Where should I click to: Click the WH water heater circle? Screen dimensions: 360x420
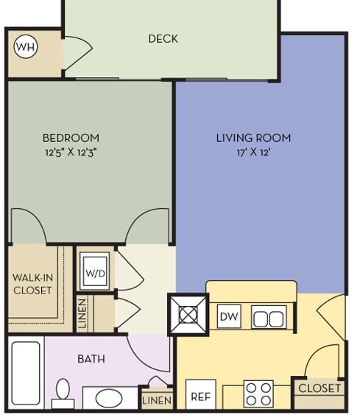[x=26, y=47]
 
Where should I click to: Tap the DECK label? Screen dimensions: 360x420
[x=163, y=39]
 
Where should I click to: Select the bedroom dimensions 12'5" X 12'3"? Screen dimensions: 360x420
[x=71, y=152]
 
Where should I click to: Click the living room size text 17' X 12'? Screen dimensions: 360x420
[x=253, y=152]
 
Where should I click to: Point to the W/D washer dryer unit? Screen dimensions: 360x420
[x=95, y=271]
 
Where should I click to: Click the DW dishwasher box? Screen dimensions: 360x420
[x=229, y=316]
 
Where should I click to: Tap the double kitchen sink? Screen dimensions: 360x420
[x=269, y=317]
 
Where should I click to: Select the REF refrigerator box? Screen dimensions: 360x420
[x=201, y=394]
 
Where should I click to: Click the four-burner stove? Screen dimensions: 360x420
[x=258, y=394]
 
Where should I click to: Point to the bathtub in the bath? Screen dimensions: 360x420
[x=26, y=373]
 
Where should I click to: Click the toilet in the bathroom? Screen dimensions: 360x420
[x=63, y=394]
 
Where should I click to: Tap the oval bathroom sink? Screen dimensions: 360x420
[x=109, y=399]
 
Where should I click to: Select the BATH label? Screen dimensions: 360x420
[x=91, y=359]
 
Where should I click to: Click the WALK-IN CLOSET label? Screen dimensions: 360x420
[x=32, y=284]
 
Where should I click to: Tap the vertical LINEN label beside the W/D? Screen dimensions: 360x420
[x=82, y=313]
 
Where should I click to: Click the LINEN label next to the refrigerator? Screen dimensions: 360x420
[x=157, y=401]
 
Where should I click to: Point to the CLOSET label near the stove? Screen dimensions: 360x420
[x=320, y=388]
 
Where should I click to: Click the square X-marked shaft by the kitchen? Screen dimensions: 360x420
[x=188, y=315]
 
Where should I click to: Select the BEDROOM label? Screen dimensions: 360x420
[x=71, y=138]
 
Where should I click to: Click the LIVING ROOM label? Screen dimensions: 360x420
[x=253, y=138]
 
